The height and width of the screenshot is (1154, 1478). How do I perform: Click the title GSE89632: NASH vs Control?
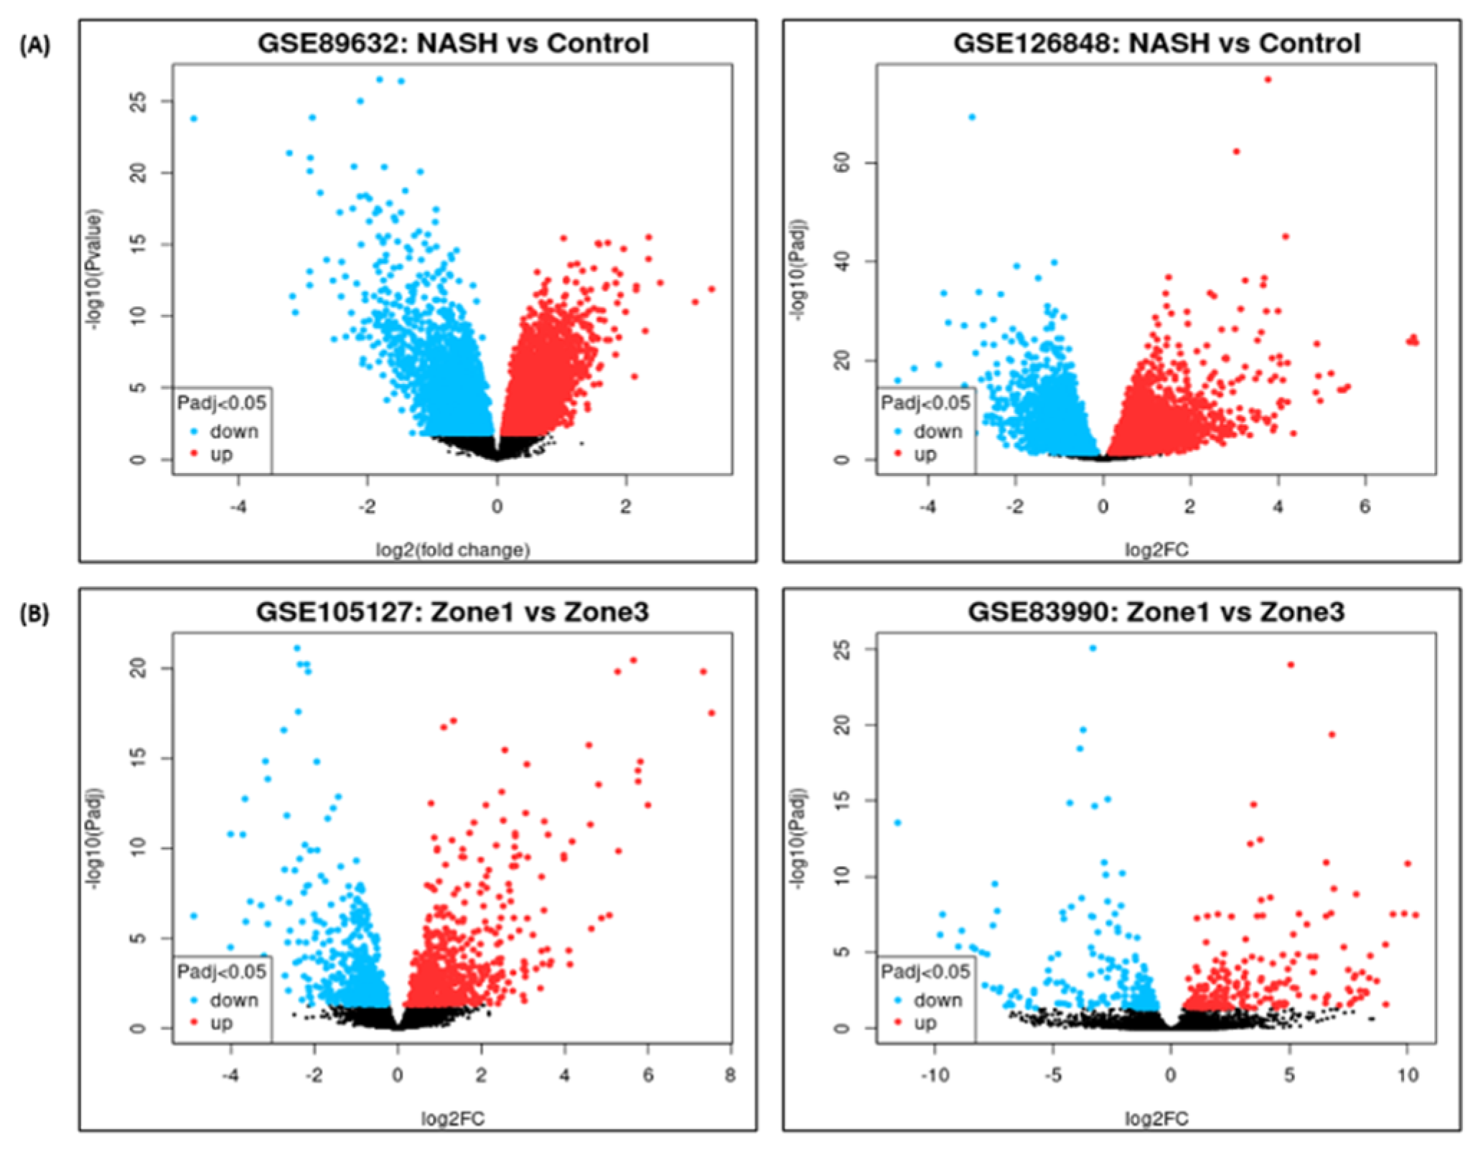pos(453,43)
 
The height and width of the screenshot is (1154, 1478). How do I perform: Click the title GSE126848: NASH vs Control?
pos(1156,43)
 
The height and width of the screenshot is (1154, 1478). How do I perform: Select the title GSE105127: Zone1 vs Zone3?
pos(452,612)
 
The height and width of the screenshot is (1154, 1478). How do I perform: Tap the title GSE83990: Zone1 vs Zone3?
pos(1156,612)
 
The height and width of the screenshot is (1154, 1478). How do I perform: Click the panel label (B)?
pos(34,615)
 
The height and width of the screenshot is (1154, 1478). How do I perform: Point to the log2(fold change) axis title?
pos(453,550)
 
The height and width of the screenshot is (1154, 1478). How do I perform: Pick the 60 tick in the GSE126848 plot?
pos(843,163)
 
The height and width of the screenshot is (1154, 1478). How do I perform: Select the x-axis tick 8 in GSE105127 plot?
pos(730,1075)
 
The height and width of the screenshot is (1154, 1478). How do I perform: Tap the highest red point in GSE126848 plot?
pos(1268,80)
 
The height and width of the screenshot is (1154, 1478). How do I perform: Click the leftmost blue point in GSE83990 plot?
pos(897,823)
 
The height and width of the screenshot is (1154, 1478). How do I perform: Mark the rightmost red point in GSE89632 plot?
pos(711,289)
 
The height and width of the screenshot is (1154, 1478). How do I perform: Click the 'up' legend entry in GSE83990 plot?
pos(925,1023)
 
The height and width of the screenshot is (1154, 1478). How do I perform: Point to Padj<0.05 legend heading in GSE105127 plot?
pos(222,972)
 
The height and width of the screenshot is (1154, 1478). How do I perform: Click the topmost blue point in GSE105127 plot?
pos(297,648)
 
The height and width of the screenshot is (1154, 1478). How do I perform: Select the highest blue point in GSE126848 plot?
pos(972,117)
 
